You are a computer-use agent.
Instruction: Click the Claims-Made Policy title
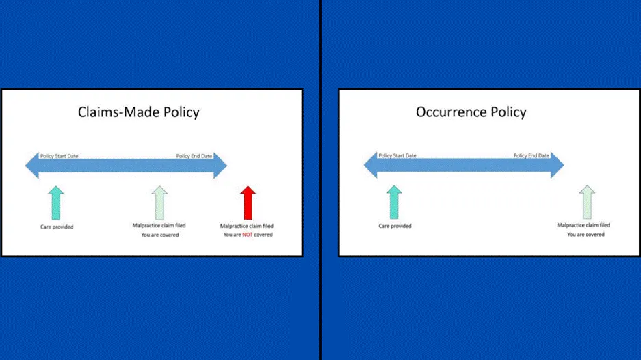pos(138,112)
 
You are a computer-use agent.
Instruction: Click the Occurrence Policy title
pos(471,112)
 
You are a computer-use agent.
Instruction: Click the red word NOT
pos(248,235)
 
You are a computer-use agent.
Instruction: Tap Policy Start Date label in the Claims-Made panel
pos(59,156)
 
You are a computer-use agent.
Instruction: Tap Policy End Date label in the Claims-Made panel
pos(194,156)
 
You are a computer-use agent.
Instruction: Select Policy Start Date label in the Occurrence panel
pos(397,156)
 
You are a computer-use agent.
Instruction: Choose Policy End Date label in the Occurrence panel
pos(532,156)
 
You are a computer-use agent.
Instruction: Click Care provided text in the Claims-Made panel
pos(57,227)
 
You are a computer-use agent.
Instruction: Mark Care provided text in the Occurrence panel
pos(395,227)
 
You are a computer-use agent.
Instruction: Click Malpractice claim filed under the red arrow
pos(247,226)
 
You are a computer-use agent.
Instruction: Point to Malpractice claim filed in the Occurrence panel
pos(584,225)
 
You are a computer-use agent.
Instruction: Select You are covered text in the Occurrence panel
pos(586,235)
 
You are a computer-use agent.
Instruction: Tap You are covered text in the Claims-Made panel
pos(159,235)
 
